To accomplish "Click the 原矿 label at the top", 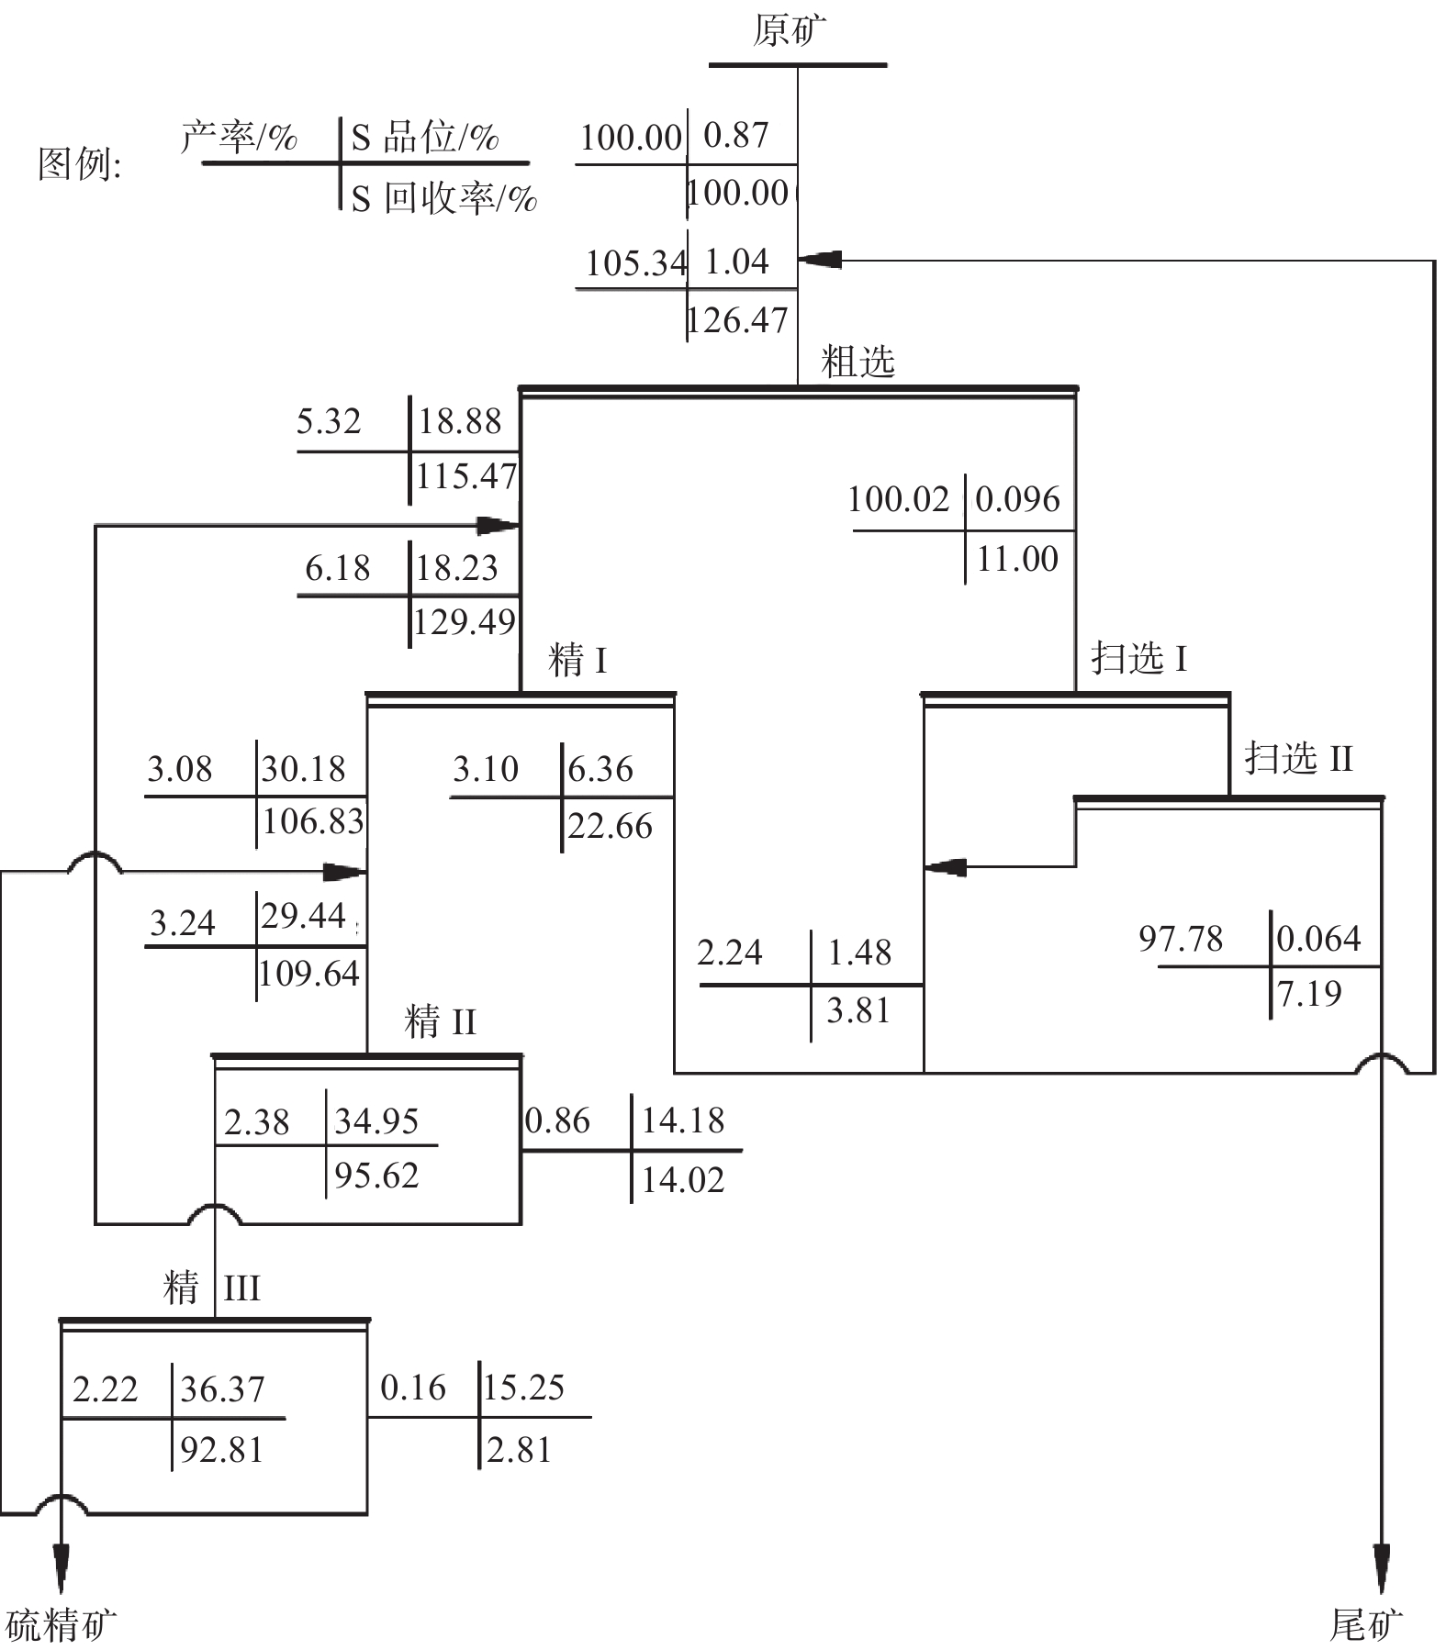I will [789, 30].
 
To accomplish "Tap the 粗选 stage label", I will [858, 362].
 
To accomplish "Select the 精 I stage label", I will [577, 661].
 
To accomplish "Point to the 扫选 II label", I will [1298, 759].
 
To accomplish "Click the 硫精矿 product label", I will [61, 1625].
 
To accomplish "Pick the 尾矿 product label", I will [1366, 1625].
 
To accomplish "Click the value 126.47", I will [738, 320].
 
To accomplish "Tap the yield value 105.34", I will [635, 263].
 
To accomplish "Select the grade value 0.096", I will [1017, 499].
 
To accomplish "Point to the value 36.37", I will [222, 1389].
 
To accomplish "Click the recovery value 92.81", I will [222, 1450].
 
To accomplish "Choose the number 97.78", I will [1181, 939].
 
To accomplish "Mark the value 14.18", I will [683, 1120].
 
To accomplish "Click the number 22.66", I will [610, 826].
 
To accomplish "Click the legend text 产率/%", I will [240, 138].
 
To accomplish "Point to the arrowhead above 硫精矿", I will [61, 1569].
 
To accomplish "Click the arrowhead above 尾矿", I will [1381, 1569].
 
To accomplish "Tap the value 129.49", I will [465, 622].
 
